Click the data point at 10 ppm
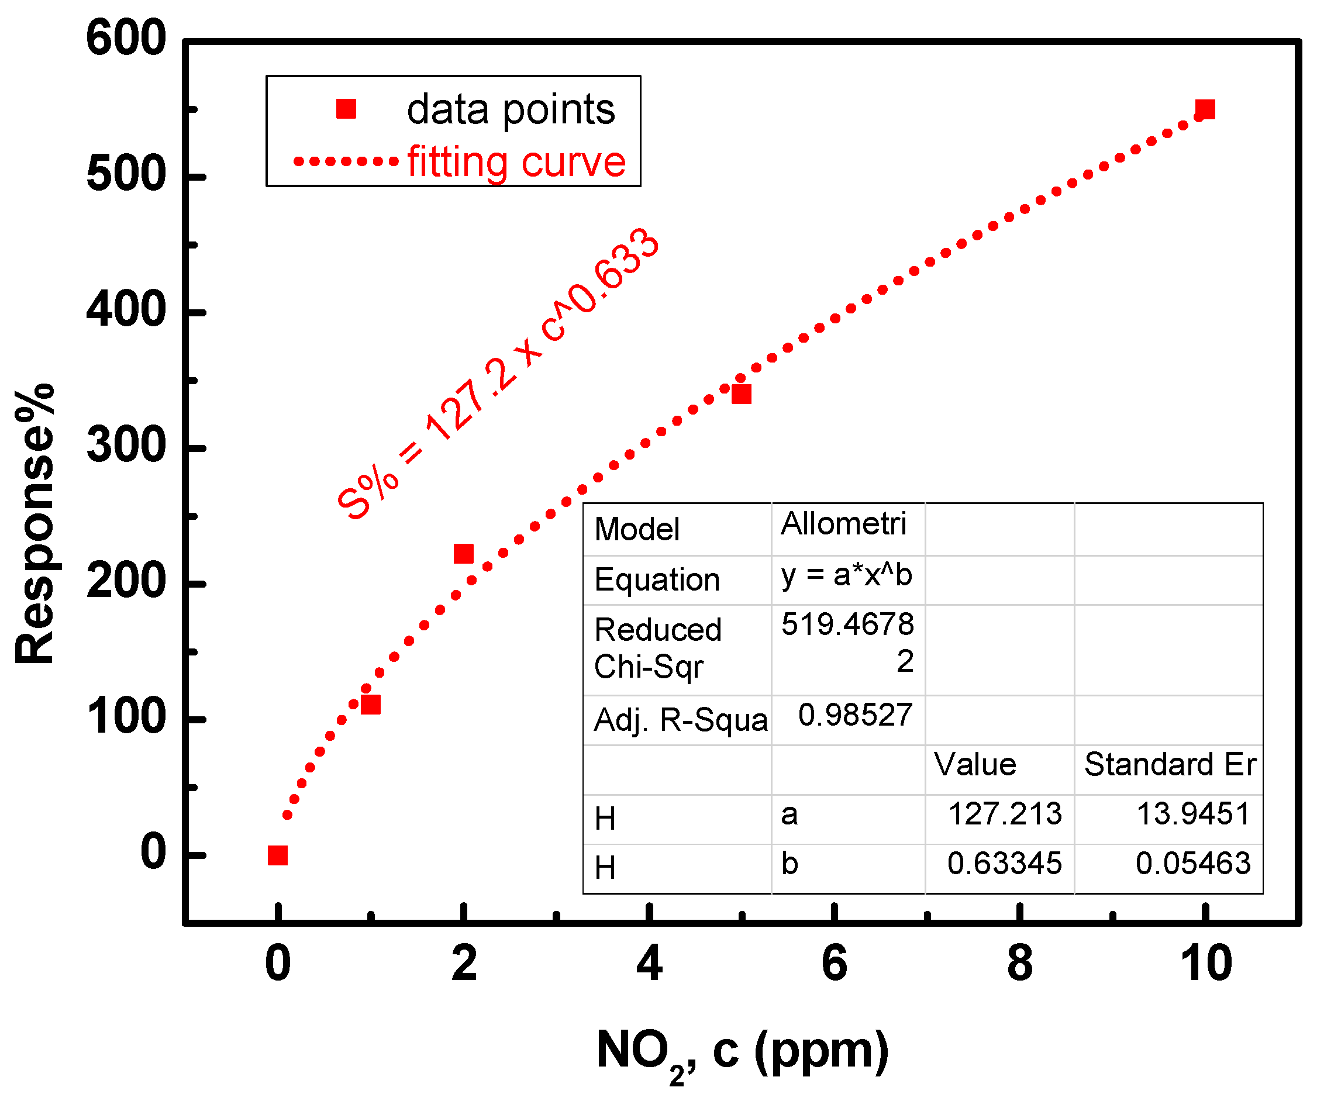pos(1205,110)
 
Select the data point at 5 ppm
pos(742,394)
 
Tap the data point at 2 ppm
pos(463,554)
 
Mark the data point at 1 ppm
pos(371,705)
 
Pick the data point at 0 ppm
pos(278,855)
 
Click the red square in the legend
pos(346,109)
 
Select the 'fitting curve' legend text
pos(516,163)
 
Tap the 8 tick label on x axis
pos(1020,964)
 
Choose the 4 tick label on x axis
pos(649,964)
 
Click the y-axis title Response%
pos(35,524)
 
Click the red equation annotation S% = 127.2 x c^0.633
pos(497,374)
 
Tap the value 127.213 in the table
pos(1005,815)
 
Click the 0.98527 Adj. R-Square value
pos(855,715)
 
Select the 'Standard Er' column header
pos(1170,765)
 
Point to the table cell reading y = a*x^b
pos(846,575)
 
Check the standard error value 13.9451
pos(1194,815)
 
